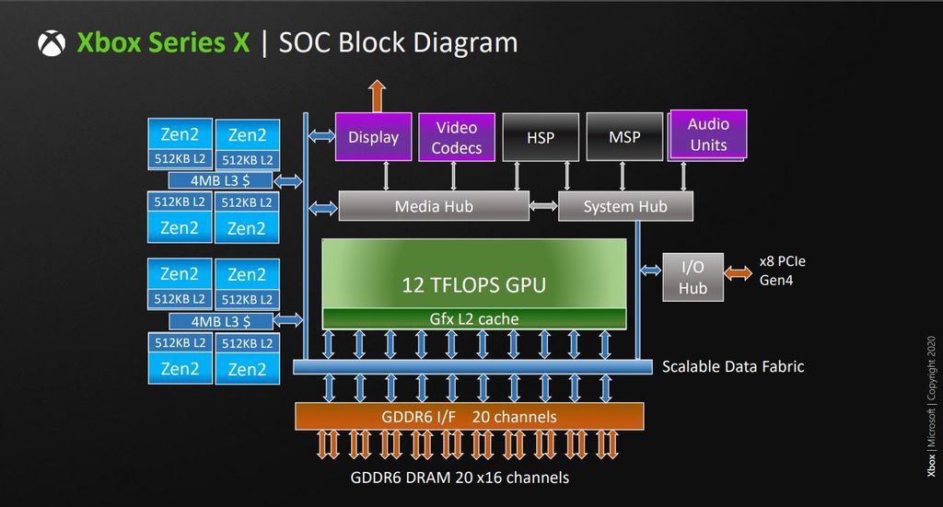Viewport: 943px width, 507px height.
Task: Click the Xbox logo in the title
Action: [x=52, y=43]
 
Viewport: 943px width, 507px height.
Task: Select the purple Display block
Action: [x=373, y=137]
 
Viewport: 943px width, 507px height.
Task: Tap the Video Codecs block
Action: [x=458, y=137]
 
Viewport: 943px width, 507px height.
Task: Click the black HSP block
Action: [x=541, y=137]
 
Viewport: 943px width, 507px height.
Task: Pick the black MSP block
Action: [x=624, y=137]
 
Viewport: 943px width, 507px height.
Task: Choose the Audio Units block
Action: [x=707, y=134]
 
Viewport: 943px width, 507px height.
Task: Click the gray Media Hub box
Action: [x=434, y=206]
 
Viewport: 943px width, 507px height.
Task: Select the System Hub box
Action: [x=625, y=206]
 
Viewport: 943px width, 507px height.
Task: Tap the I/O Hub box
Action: [x=693, y=277]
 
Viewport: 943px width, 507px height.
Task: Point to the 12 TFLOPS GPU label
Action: [x=473, y=284]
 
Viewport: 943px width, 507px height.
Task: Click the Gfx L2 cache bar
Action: [x=473, y=319]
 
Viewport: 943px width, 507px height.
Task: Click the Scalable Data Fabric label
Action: [x=733, y=367]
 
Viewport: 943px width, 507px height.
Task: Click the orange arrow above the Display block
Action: [x=376, y=96]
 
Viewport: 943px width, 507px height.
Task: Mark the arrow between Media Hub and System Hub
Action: [x=544, y=206]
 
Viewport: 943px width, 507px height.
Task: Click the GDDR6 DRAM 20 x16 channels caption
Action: [x=460, y=477]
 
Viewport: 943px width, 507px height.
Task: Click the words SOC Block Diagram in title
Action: [x=397, y=42]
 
